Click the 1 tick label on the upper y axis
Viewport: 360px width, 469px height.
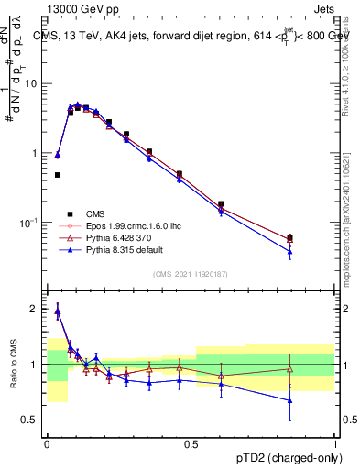click(x=36, y=153)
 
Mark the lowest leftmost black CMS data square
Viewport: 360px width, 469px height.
click(x=57, y=175)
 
